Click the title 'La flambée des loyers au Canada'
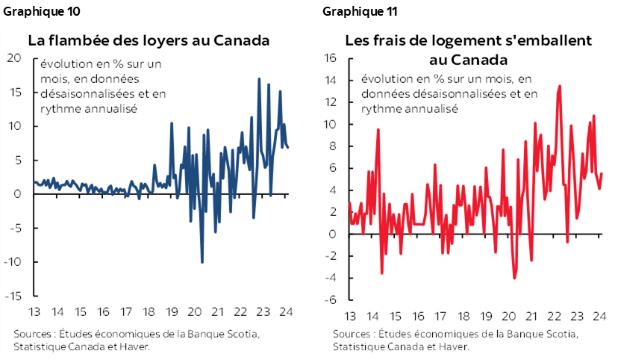(149, 40)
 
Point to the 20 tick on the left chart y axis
(14, 58)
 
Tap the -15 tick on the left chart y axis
(13, 296)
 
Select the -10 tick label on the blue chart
(13, 262)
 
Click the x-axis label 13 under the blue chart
(35, 311)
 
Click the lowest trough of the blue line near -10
(202, 262)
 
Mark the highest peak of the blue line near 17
(258, 78)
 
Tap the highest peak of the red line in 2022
(560, 85)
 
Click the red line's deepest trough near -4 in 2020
(515, 279)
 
